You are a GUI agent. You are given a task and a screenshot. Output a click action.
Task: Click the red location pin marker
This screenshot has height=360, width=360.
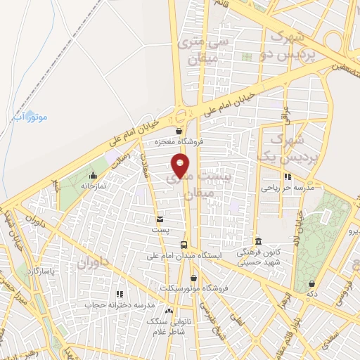[181, 167]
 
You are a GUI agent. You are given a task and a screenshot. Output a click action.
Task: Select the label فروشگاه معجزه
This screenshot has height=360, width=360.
[180, 141]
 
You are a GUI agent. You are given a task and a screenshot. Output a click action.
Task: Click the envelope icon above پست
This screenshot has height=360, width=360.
[160, 219]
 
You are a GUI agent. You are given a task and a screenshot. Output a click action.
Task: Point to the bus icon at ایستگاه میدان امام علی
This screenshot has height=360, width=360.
[184, 245]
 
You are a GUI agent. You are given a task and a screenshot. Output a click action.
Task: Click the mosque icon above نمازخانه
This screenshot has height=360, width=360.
[93, 175]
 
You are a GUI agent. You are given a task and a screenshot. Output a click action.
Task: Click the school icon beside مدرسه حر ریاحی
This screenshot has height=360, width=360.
[287, 177]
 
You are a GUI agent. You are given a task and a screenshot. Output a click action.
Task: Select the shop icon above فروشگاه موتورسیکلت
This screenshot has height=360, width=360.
[193, 278]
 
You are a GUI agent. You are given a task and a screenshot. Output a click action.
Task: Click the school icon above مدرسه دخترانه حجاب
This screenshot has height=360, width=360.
[120, 294]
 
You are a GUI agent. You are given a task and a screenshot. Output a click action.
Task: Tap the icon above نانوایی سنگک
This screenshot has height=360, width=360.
[168, 310]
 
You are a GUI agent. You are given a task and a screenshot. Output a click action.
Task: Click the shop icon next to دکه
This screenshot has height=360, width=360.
[311, 284]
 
